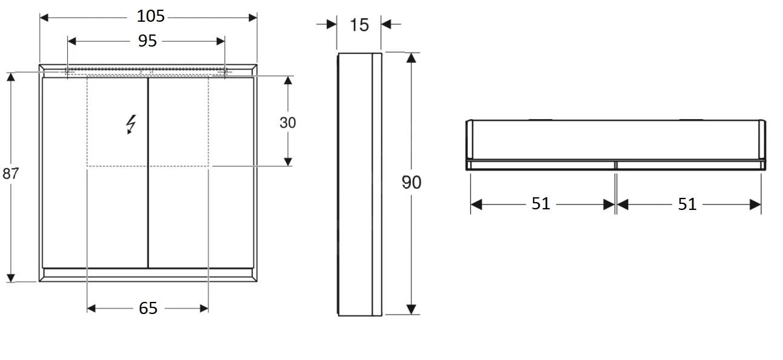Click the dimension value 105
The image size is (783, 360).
(148, 16)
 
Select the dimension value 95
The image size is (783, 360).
(147, 41)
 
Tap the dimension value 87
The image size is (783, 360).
(10, 174)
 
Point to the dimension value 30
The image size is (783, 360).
(288, 122)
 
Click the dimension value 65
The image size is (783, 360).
(148, 308)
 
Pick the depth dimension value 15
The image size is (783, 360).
(359, 25)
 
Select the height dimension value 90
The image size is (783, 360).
(411, 182)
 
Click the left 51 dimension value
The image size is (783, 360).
(541, 204)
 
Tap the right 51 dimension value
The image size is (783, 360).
(687, 204)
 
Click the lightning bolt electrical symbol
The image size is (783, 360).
(131, 124)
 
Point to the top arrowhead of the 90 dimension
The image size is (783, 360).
(411, 58)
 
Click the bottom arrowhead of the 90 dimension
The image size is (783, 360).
(411, 309)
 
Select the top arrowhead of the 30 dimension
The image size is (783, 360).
(288, 81)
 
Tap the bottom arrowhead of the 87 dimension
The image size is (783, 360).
(10, 277)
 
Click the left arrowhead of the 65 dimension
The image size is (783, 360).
(92, 309)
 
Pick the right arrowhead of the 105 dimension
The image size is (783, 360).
(252, 17)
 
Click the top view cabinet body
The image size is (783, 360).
(615, 140)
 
